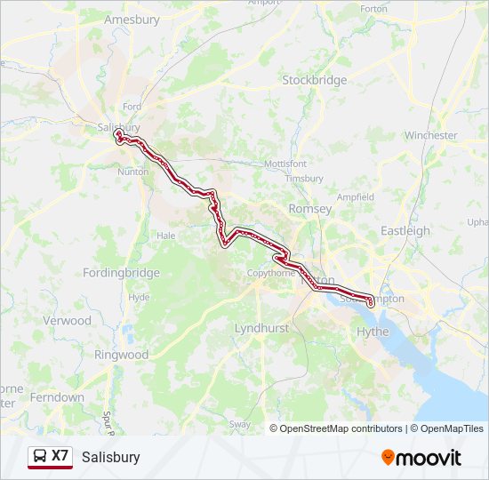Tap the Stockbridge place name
click(314, 80)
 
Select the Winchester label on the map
click(430, 136)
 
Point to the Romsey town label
click(310, 209)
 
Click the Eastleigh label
click(405, 231)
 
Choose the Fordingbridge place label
click(122, 273)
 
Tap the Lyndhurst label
click(261, 328)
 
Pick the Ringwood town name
click(122, 355)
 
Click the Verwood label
click(67, 320)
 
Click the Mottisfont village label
click(285, 164)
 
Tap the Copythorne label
click(271, 273)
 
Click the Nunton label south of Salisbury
click(132, 172)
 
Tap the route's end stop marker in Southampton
click(370, 304)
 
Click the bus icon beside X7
click(40, 457)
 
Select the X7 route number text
click(60, 456)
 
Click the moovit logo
click(421, 458)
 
